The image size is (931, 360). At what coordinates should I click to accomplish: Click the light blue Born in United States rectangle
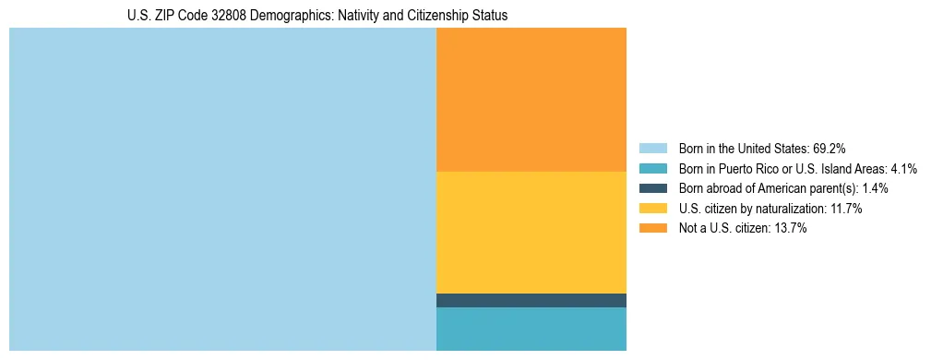tap(221, 189)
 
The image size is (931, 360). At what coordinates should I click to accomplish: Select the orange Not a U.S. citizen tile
tap(531, 100)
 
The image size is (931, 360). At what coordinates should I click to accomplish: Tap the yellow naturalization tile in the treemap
tap(531, 233)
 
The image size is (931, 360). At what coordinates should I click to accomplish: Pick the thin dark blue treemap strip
tap(531, 300)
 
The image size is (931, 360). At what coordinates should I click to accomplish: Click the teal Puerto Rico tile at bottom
tap(531, 329)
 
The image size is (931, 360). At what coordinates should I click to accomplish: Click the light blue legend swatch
tap(652, 148)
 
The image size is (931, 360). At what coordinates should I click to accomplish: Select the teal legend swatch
tap(652, 168)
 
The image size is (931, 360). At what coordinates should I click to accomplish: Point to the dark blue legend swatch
tap(652, 188)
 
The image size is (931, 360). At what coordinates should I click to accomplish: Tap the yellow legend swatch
tap(652, 209)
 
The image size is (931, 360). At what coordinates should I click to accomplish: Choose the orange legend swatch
tap(652, 229)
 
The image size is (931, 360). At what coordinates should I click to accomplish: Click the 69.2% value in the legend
tap(830, 148)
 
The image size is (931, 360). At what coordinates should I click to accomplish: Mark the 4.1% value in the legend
tap(903, 168)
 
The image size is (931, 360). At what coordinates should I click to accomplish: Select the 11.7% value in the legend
tap(843, 209)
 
